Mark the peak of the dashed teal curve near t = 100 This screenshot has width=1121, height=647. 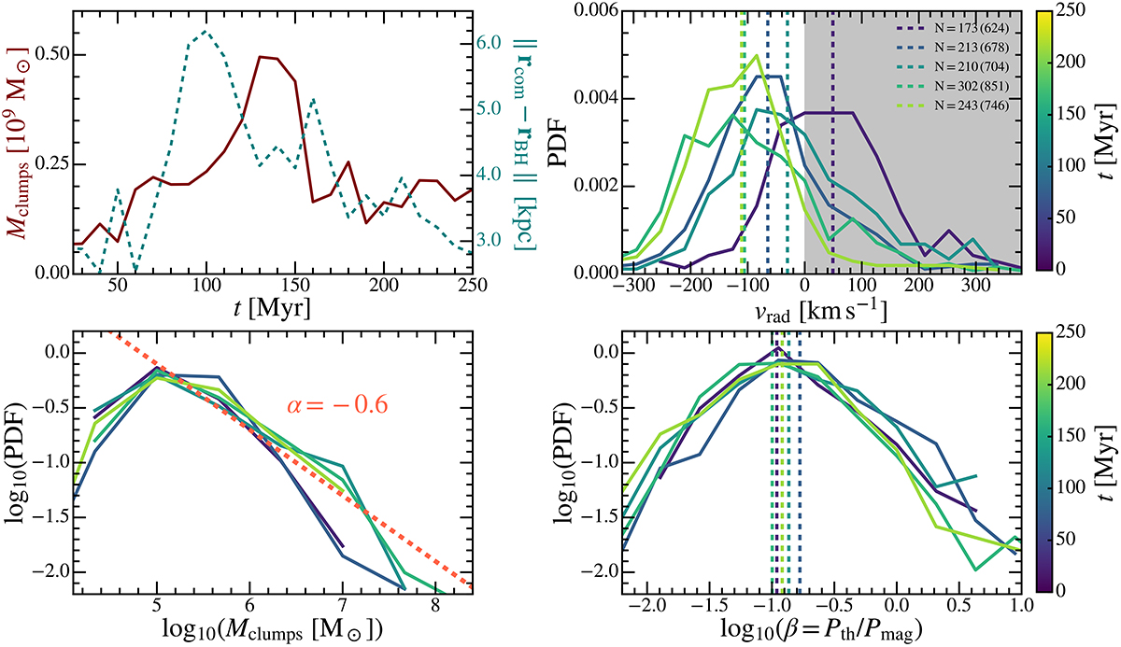click(x=205, y=32)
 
